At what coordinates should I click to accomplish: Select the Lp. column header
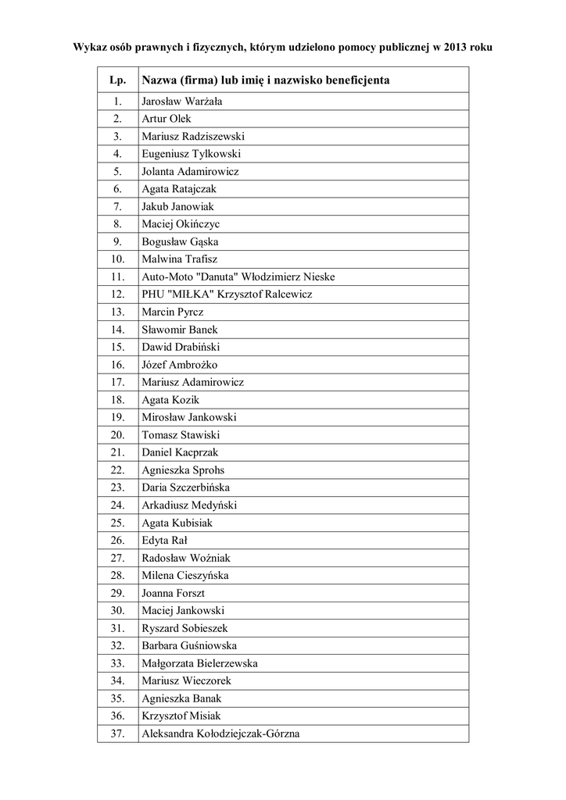pos(117,80)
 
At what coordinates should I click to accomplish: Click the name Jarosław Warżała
pos(181,102)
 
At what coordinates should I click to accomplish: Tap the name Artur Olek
pos(167,119)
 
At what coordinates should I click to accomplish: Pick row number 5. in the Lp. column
pos(117,171)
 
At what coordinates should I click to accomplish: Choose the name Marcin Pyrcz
pos(173,312)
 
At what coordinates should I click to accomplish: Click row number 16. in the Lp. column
pos(118,365)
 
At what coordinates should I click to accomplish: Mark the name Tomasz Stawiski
pos(181,435)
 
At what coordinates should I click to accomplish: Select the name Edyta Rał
pos(164,541)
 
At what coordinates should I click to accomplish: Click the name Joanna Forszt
pos(174,593)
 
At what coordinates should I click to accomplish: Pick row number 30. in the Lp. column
pos(118,611)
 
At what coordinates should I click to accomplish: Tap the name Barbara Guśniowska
pos(189,646)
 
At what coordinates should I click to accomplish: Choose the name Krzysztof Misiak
pos(181,716)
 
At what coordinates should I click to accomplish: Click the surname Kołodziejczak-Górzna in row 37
pos(247,734)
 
